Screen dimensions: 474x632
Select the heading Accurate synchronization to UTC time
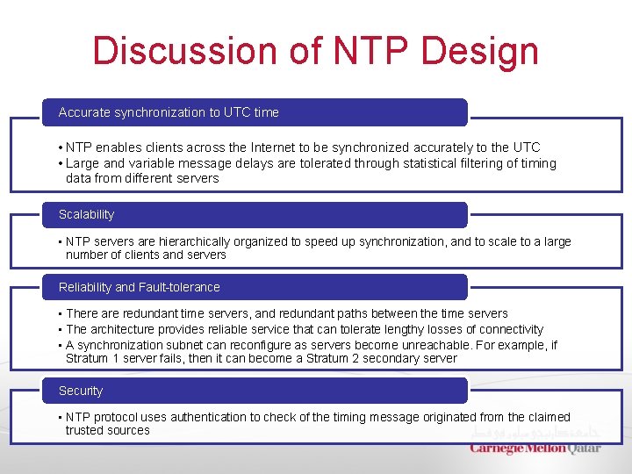(x=169, y=112)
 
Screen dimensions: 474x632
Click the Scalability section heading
(x=86, y=214)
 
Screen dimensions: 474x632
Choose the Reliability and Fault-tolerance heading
(x=139, y=287)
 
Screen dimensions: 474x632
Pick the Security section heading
(x=81, y=391)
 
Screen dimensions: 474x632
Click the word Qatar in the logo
(x=585, y=448)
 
